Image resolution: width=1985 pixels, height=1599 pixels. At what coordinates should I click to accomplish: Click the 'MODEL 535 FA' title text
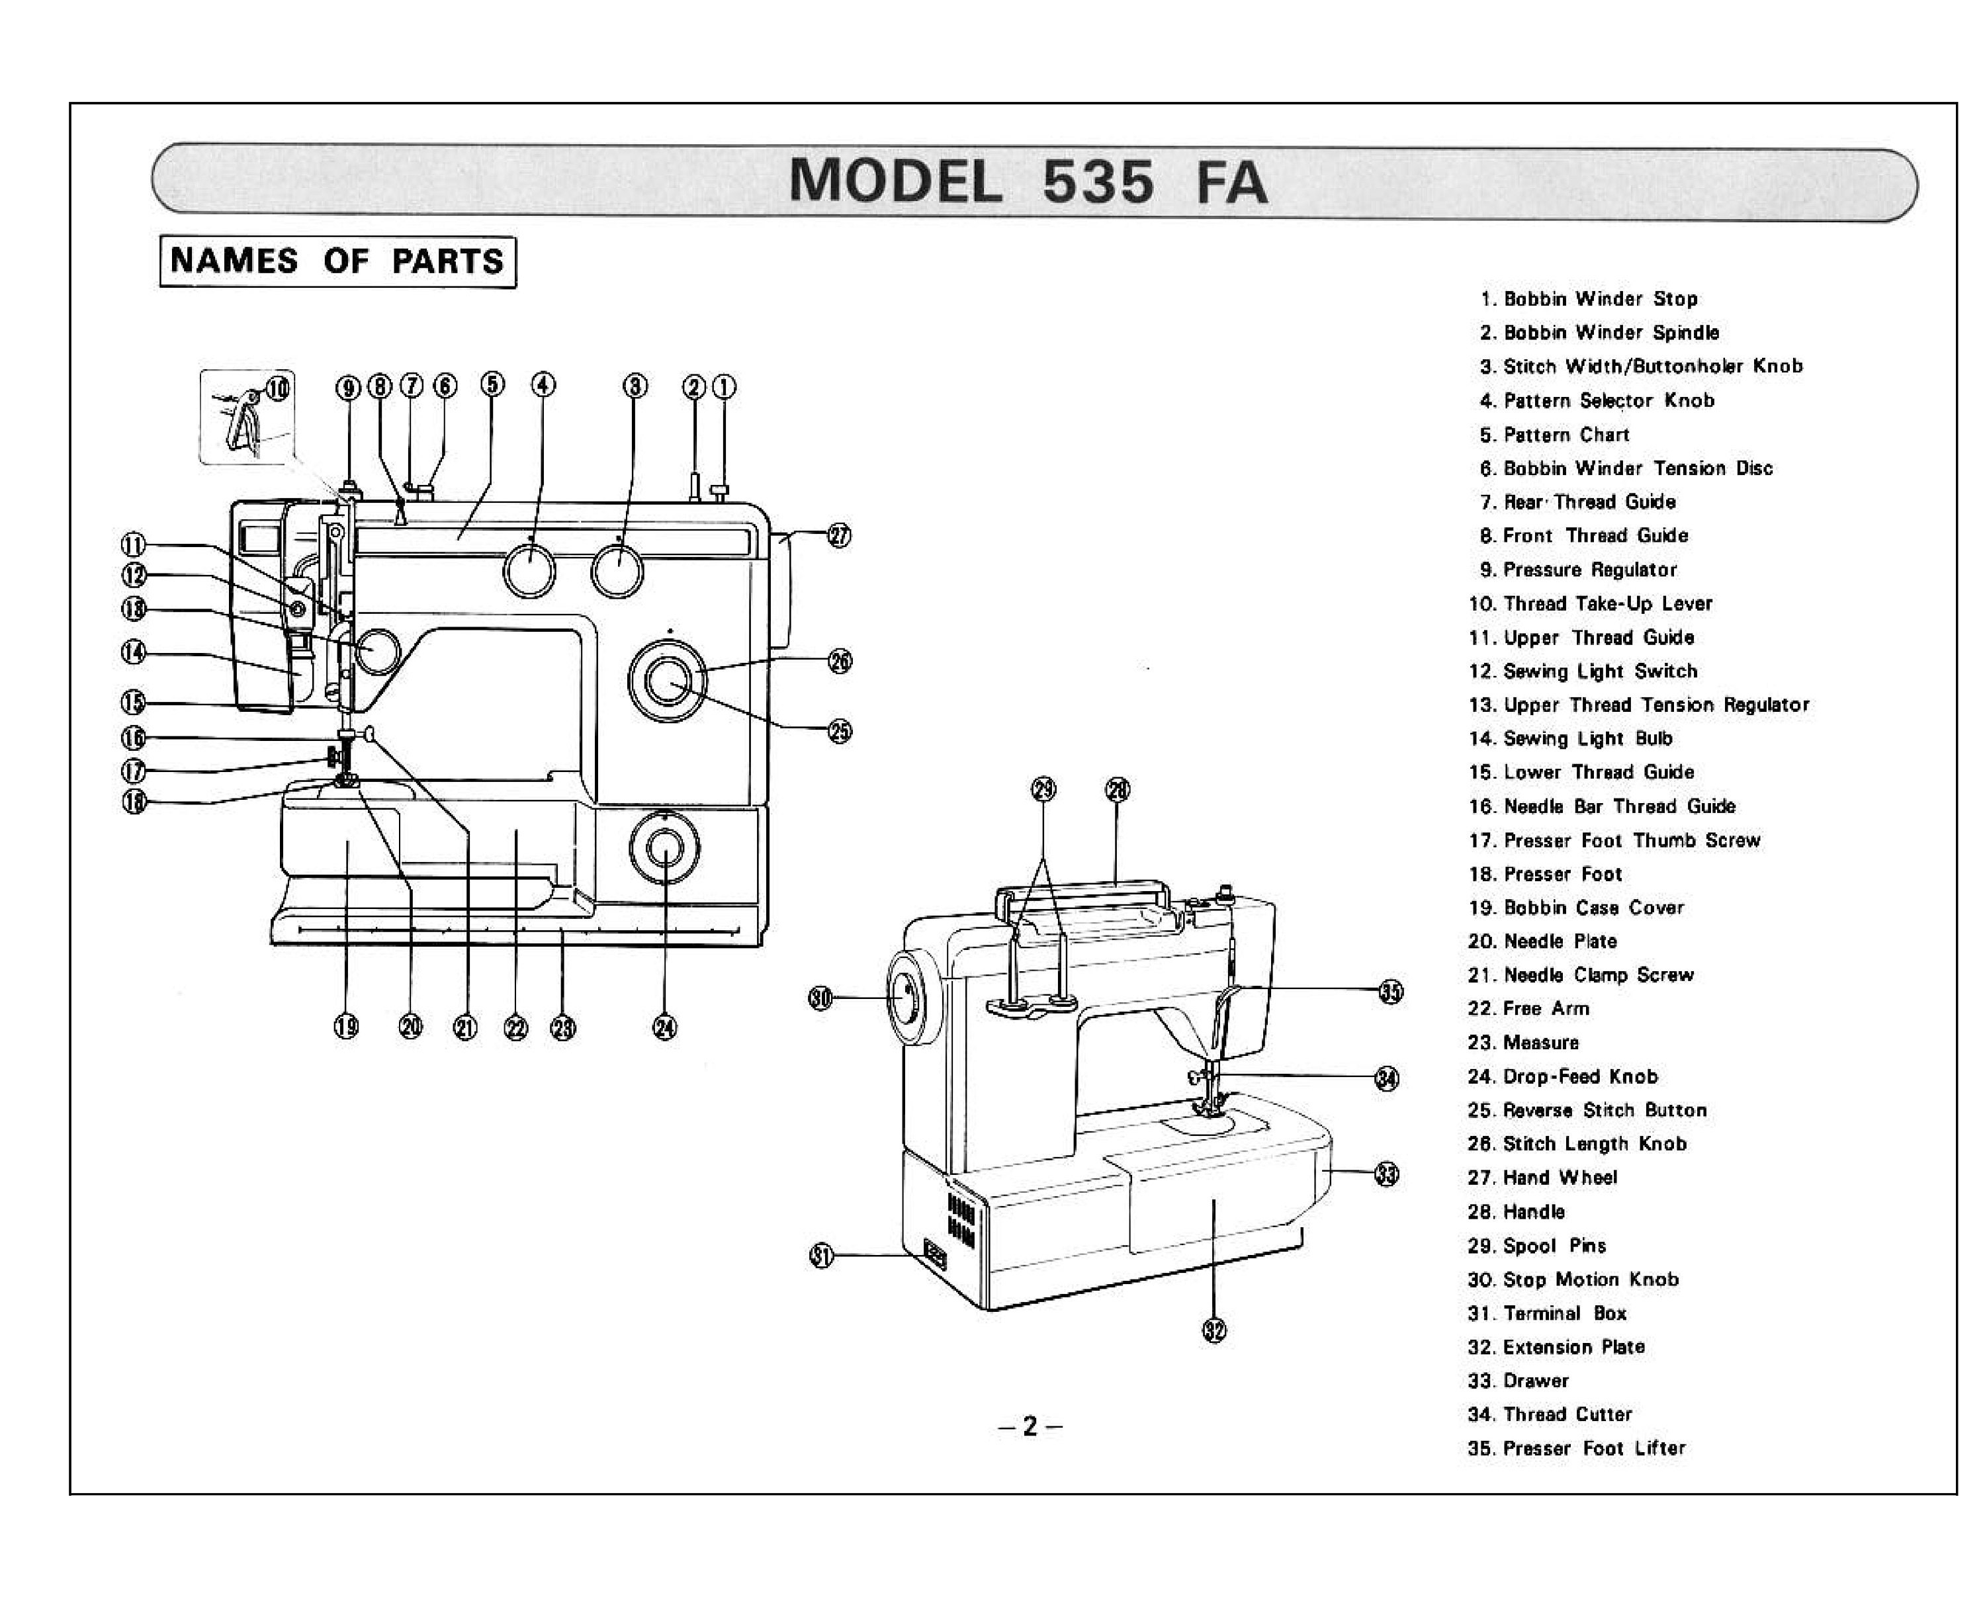click(x=1028, y=181)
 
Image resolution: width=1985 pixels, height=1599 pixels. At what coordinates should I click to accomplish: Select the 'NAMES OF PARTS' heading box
click(x=337, y=261)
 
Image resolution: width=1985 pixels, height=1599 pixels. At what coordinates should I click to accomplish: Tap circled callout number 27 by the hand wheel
click(x=839, y=535)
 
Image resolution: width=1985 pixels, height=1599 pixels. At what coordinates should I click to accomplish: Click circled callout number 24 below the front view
click(x=664, y=1028)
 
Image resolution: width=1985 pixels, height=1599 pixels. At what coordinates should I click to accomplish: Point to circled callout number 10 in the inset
click(x=278, y=388)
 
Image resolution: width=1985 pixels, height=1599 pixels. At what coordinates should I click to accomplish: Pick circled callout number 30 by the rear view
click(x=820, y=998)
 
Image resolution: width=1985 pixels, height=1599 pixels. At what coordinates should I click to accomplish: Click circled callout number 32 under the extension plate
click(x=1214, y=1330)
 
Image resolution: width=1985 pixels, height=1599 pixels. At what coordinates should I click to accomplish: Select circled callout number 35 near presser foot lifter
click(x=1391, y=992)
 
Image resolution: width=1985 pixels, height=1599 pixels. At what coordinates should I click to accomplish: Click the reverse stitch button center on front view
click(x=667, y=681)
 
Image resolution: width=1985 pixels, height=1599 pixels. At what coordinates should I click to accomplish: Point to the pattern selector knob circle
click(x=529, y=570)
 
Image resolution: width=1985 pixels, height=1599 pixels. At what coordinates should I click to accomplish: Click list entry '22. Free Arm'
click(x=1529, y=1010)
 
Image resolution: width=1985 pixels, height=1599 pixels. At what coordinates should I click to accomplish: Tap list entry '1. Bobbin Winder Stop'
click(x=1589, y=299)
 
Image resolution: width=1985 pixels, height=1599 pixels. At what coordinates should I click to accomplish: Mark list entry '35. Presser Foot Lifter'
click(x=1577, y=1449)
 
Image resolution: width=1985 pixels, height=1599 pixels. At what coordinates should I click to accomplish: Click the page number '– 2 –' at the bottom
click(x=1030, y=1427)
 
